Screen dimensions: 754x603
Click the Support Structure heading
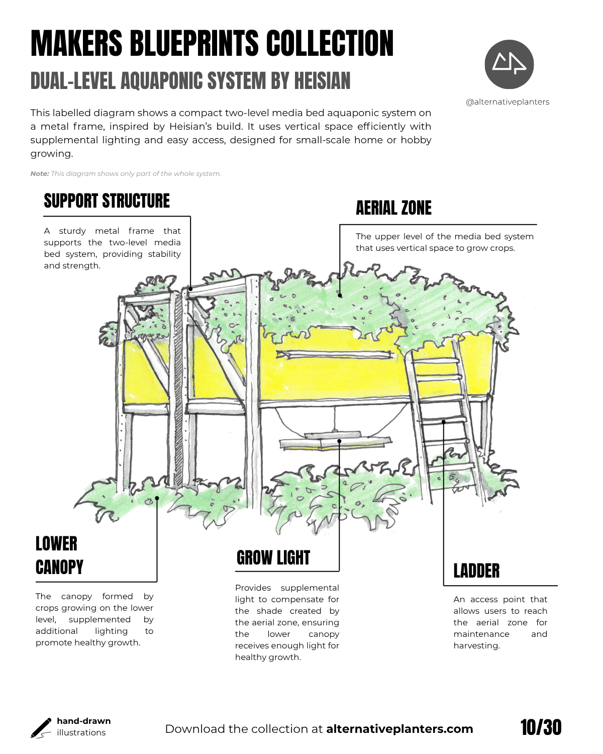tap(107, 201)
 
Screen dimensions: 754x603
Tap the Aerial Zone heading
tap(393, 208)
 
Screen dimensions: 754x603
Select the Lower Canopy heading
tap(59, 555)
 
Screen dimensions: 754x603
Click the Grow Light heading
tap(273, 558)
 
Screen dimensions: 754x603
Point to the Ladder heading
tap(476, 571)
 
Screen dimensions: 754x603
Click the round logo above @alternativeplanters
tap(509, 64)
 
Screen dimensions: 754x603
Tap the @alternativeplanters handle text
tap(508, 102)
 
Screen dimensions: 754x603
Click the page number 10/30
tap(541, 727)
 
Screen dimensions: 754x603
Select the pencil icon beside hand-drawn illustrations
tap(41, 728)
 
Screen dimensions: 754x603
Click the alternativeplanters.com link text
tap(399, 729)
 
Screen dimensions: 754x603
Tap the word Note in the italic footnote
tap(39, 174)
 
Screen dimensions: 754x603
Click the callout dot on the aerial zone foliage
tap(340, 296)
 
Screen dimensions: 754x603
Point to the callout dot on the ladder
tap(444, 422)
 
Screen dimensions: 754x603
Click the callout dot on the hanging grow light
tap(340, 441)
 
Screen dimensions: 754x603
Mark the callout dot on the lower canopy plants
tap(157, 498)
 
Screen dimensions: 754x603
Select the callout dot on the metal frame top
tap(190, 289)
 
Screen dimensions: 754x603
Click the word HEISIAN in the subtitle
tap(322, 81)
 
